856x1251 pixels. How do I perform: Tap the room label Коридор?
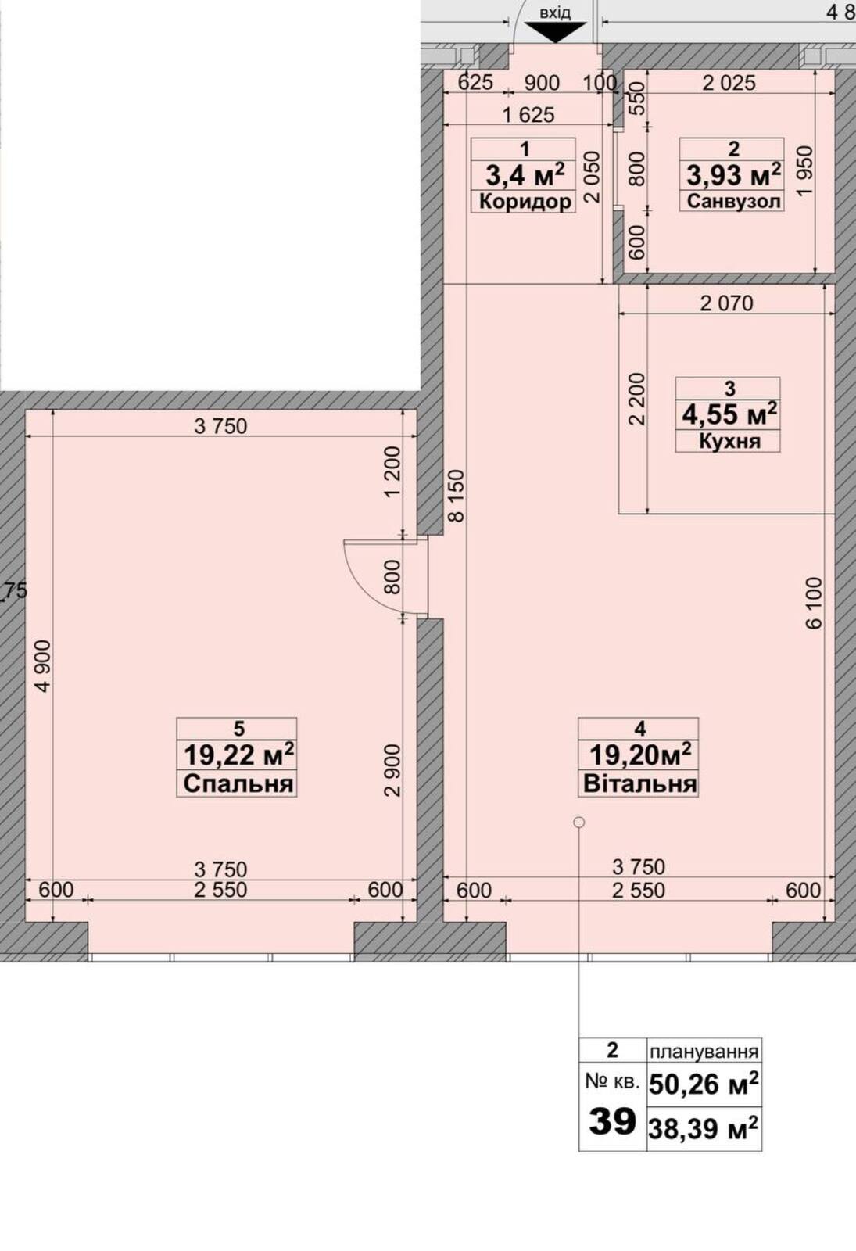click(525, 201)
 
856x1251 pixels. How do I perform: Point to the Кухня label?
click(729, 441)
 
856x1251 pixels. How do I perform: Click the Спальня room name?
click(238, 783)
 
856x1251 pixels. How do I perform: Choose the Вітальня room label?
click(640, 783)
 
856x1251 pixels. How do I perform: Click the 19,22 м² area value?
click(238, 755)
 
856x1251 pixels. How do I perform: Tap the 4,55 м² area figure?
click(729, 414)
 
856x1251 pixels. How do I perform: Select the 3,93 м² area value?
click(733, 175)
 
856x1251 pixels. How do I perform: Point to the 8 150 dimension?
click(457, 496)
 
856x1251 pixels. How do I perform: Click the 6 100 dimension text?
click(814, 603)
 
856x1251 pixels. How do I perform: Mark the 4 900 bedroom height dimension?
click(42, 666)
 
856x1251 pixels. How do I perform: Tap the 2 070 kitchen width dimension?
click(726, 304)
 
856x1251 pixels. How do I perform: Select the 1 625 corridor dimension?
click(528, 116)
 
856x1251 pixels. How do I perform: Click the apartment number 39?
click(613, 1121)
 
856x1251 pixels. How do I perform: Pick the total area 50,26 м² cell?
click(704, 1084)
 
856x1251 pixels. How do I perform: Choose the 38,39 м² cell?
click(704, 1129)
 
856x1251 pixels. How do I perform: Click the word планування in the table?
click(704, 1052)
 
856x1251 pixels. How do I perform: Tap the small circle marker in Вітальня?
click(579, 822)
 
